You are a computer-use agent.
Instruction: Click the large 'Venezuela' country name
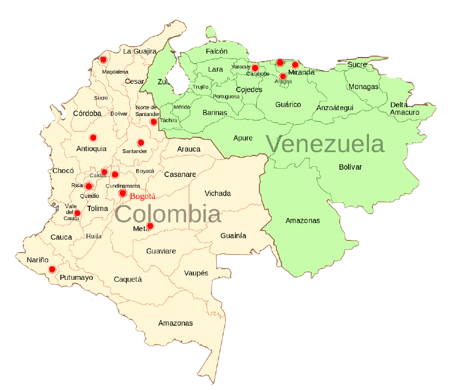[325, 144]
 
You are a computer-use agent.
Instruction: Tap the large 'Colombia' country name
[168, 214]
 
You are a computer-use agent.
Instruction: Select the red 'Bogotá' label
[143, 196]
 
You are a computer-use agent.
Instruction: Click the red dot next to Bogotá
[123, 194]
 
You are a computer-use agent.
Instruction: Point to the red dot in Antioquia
[93, 137]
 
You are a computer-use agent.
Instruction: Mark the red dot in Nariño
[52, 269]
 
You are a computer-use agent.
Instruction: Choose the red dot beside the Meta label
[150, 226]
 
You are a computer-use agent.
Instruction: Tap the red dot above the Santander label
[141, 142]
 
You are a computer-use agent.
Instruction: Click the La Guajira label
[140, 51]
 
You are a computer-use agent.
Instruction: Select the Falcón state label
[217, 51]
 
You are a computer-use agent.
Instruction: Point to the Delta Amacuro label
[404, 108]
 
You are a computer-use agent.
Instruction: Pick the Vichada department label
[218, 194]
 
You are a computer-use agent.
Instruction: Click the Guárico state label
[288, 104]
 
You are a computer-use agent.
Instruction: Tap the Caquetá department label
[127, 279]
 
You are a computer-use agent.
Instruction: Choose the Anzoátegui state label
[335, 108]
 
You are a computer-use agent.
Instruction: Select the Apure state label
[243, 138]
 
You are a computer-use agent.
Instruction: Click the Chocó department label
[63, 171]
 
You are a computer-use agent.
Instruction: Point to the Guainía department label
[233, 235]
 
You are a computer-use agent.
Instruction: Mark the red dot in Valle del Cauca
[77, 213]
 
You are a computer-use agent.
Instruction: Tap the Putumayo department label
[76, 277]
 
